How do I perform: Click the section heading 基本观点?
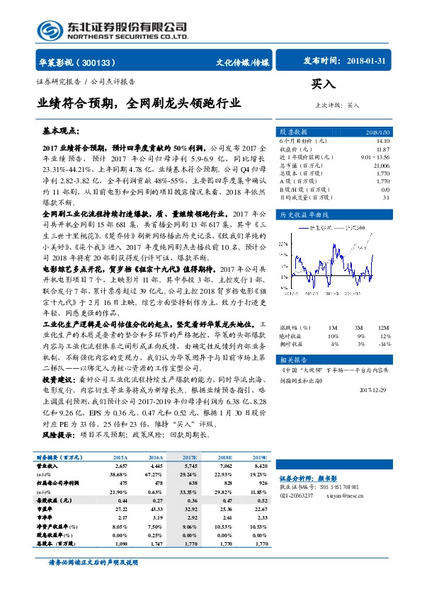[62, 132]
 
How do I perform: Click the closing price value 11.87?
[382, 149]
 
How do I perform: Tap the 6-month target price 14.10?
[382, 142]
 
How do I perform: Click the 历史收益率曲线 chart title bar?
[304, 214]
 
